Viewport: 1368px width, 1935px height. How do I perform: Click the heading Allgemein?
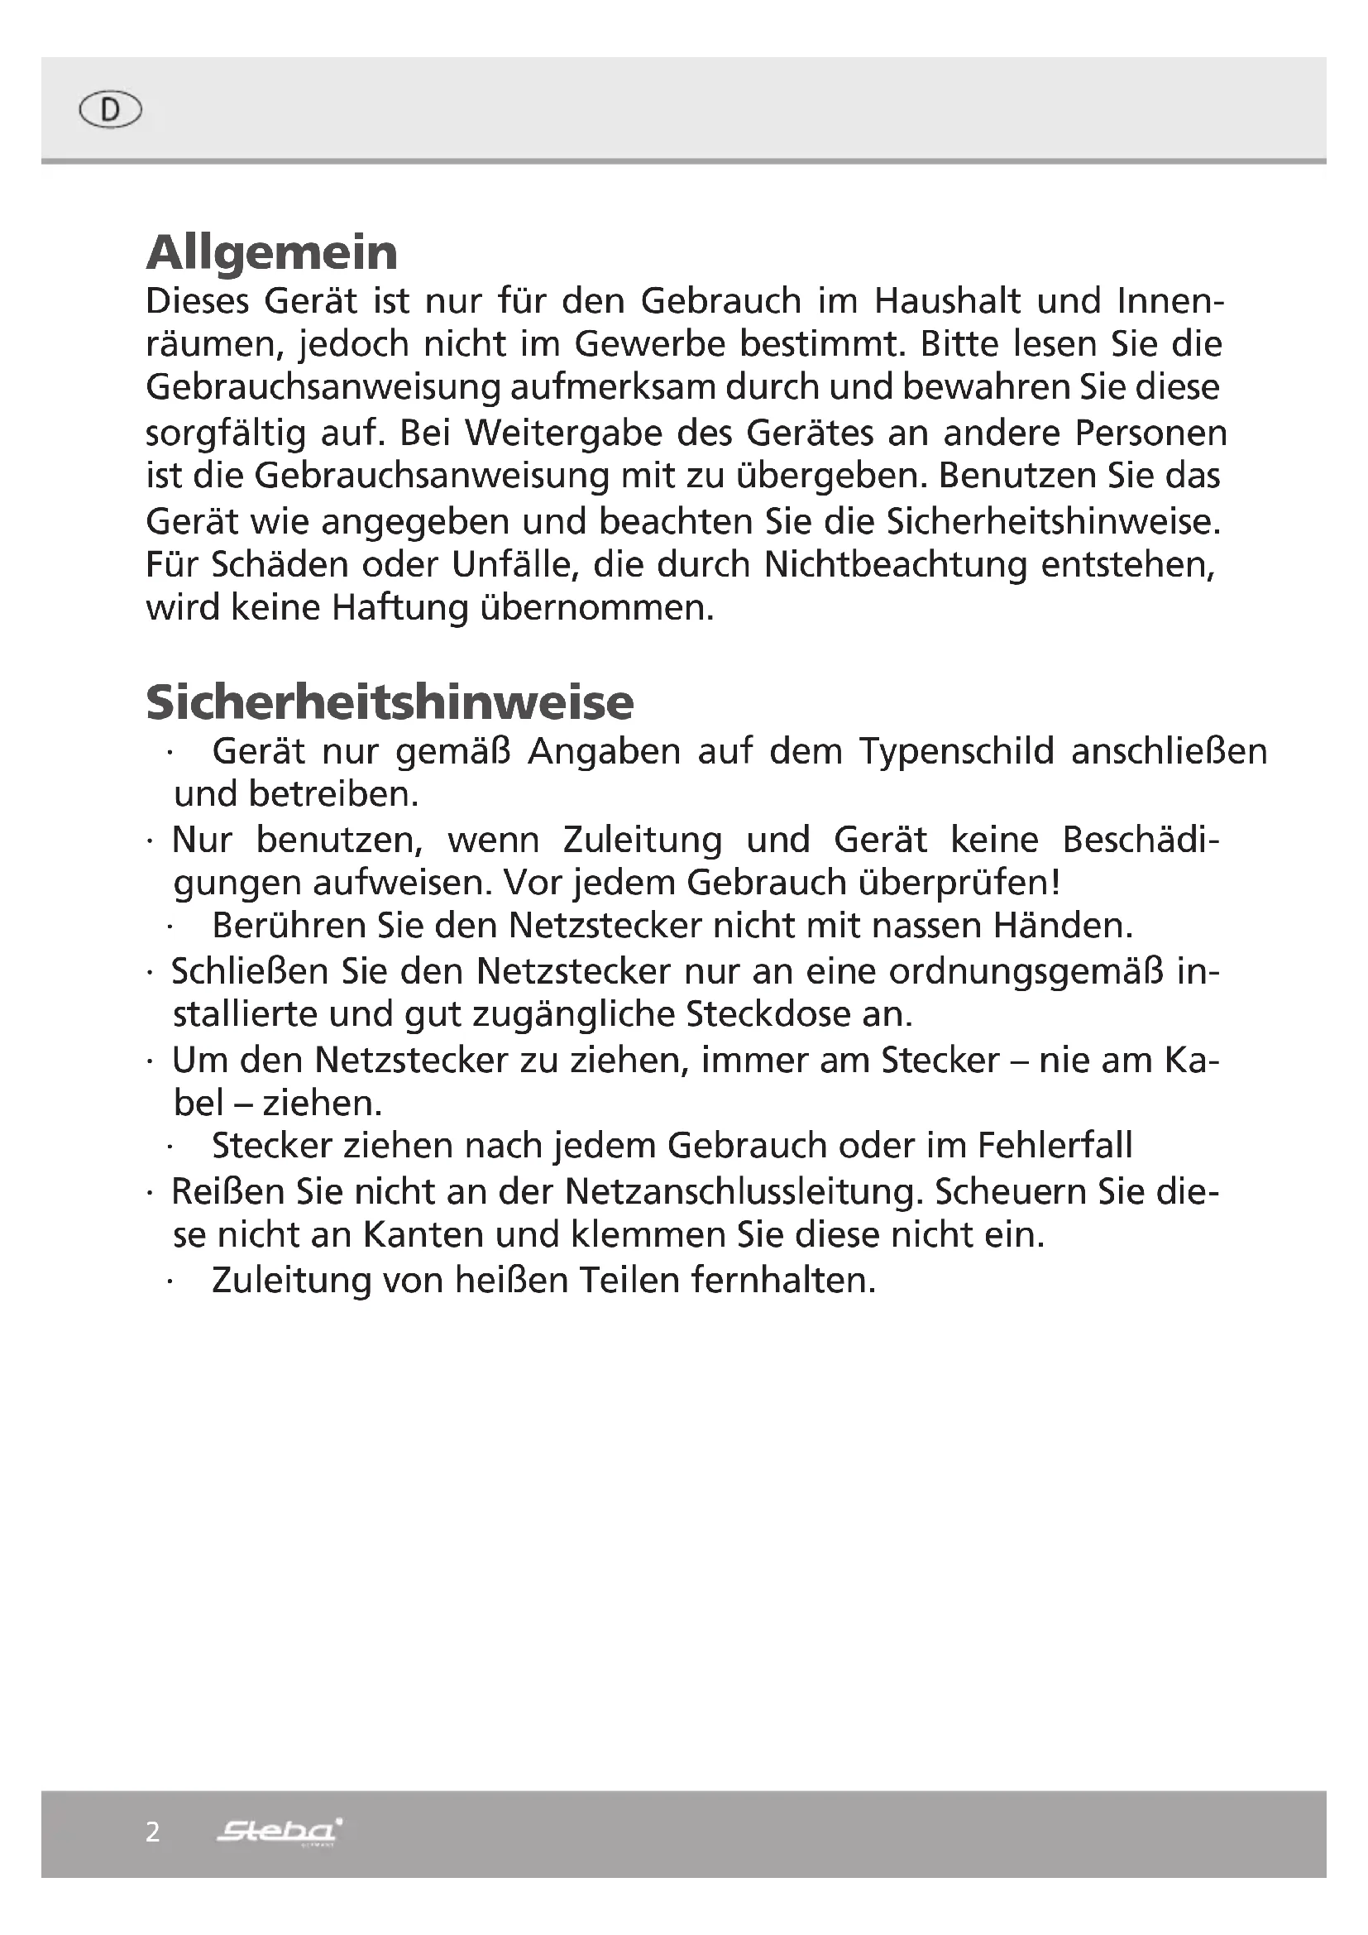pos(271,253)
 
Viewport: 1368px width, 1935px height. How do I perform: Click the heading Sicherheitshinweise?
pos(390,702)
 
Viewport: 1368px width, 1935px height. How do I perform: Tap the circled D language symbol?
pos(110,109)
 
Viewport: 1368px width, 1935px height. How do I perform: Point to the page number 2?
pos(152,1832)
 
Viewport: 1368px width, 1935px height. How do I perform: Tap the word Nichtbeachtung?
pos(896,565)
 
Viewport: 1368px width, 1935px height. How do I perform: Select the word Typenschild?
pos(956,751)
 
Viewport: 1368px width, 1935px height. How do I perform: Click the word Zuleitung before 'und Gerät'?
pos(642,841)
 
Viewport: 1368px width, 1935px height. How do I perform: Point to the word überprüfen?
pos(959,884)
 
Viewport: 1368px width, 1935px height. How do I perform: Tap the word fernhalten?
pos(783,1280)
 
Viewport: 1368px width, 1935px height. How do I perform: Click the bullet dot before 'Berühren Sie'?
pos(170,928)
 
